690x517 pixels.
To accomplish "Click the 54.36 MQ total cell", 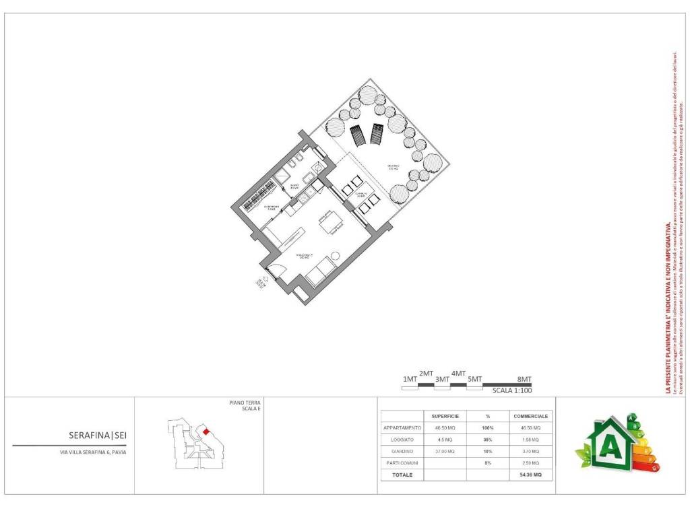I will (x=531, y=475).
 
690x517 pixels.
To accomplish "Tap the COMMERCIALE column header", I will (x=531, y=416).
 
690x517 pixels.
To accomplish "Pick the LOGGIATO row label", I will (x=402, y=439).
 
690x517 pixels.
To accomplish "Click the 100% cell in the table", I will (x=487, y=427).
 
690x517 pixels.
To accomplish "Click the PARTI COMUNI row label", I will (x=402, y=463).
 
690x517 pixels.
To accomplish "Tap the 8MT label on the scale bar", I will (x=524, y=379).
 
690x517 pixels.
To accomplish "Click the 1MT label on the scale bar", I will (x=410, y=380).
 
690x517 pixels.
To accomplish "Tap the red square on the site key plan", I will (x=206, y=432).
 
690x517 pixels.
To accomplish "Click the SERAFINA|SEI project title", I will (x=97, y=435).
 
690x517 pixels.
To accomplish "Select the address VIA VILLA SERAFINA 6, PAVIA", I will (x=92, y=452).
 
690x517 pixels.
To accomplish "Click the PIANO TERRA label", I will (x=245, y=403).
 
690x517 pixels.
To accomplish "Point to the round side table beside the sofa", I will (x=335, y=256).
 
